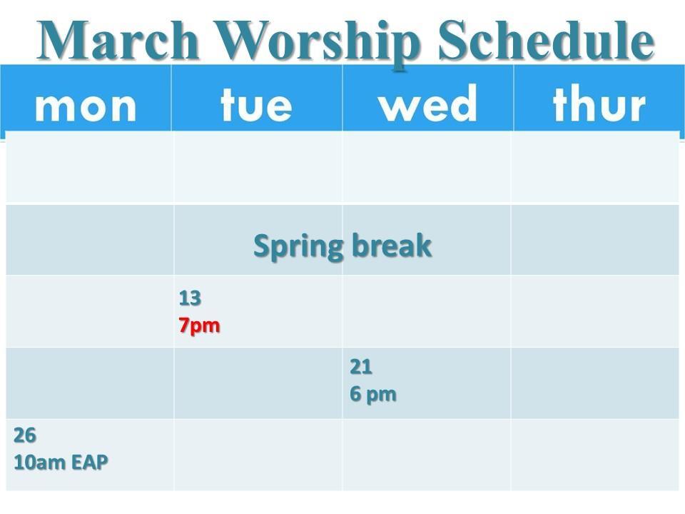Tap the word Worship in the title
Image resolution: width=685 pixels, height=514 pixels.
[318, 44]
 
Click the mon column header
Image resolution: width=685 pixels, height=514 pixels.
[86, 106]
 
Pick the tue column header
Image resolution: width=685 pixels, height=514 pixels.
[256, 104]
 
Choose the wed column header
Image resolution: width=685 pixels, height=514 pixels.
[427, 104]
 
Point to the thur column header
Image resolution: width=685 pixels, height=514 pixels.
[599, 104]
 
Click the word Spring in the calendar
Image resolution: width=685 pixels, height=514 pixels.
[298, 247]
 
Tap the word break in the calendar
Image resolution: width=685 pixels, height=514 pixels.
[392, 246]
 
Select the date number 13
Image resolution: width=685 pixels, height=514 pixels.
[190, 298]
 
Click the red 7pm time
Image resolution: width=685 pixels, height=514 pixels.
[199, 326]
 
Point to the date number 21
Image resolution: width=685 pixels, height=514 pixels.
[361, 367]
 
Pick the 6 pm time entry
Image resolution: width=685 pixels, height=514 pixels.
[373, 395]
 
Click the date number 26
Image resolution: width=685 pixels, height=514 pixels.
[25, 435]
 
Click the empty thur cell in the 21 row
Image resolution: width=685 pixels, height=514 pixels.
[594, 383]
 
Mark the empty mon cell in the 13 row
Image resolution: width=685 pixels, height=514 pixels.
[90, 312]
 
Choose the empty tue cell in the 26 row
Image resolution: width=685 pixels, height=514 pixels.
[258, 455]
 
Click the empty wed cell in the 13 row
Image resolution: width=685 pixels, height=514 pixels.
[427, 312]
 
